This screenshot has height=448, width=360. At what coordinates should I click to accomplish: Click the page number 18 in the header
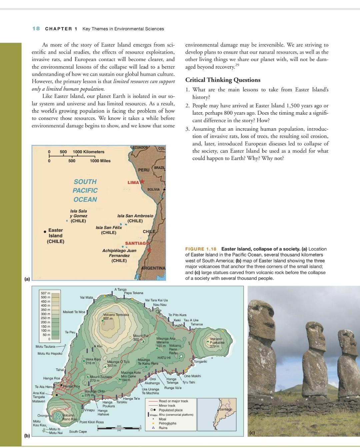(36, 29)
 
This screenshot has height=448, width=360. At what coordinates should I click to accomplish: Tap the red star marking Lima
(142, 182)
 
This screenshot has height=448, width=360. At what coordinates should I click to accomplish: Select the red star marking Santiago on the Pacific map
(149, 250)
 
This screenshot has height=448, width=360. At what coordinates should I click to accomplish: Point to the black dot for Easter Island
(45, 232)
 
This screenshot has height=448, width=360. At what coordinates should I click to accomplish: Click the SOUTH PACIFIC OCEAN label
(85, 190)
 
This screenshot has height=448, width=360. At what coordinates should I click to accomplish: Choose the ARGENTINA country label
(153, 268)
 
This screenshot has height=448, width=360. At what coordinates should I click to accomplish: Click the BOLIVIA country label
(154, 189)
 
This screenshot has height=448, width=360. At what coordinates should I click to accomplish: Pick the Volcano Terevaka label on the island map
(116, 315)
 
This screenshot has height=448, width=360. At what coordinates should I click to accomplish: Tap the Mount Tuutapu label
(101, 377)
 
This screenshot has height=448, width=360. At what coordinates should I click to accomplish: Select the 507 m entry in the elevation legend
(45, 293)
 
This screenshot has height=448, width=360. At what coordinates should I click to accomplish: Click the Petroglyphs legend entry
(167, 423)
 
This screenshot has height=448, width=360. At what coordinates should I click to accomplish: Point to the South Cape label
(78, 432)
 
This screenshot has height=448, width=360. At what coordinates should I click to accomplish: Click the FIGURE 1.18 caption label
(201, 249)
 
